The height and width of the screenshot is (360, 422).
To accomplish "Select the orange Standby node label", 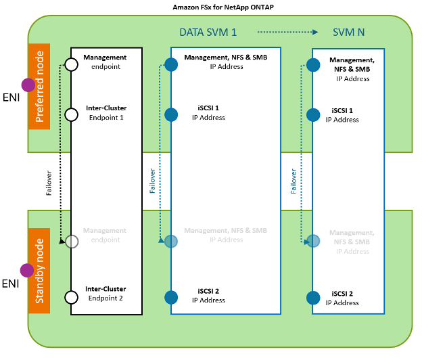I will pyautogui.click(x=39, y=275).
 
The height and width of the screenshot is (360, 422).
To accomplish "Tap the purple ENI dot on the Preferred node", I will pyautogui.click(x=28, y=85).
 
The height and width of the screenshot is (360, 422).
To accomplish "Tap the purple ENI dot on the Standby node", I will pyautogui.click(x=28, y=271).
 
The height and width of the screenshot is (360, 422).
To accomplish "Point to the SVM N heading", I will pyautogui.click(x=350, y=32).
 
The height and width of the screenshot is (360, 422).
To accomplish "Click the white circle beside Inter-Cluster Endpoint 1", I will pyautogui.click(x=71, y=114).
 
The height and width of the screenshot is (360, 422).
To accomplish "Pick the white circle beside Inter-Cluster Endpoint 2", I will pyautogui.click(x=71, y=296).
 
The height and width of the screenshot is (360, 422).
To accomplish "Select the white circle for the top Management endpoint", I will pyautogui.click(x=71, y=65).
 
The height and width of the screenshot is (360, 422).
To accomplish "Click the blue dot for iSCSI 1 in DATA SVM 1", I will pyautogui.click(x=171, y=114).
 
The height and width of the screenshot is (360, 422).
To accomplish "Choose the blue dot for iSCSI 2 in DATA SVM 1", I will pyautogui.click(x=171, y=296).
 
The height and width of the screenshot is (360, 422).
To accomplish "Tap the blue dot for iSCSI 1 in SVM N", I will pyautogui.click(x=312, y=114).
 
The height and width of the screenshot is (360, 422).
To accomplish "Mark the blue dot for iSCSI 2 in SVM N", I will pyautogui.click(x=312, y=297).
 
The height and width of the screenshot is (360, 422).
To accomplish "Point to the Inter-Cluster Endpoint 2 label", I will pyautogui.click(x=105, y=293).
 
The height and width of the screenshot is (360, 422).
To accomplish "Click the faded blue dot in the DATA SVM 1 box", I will pyautogui.click(x=171, y=241).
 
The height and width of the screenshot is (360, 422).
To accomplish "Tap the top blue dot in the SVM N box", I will pyautogui.click(x=312, y=65).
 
